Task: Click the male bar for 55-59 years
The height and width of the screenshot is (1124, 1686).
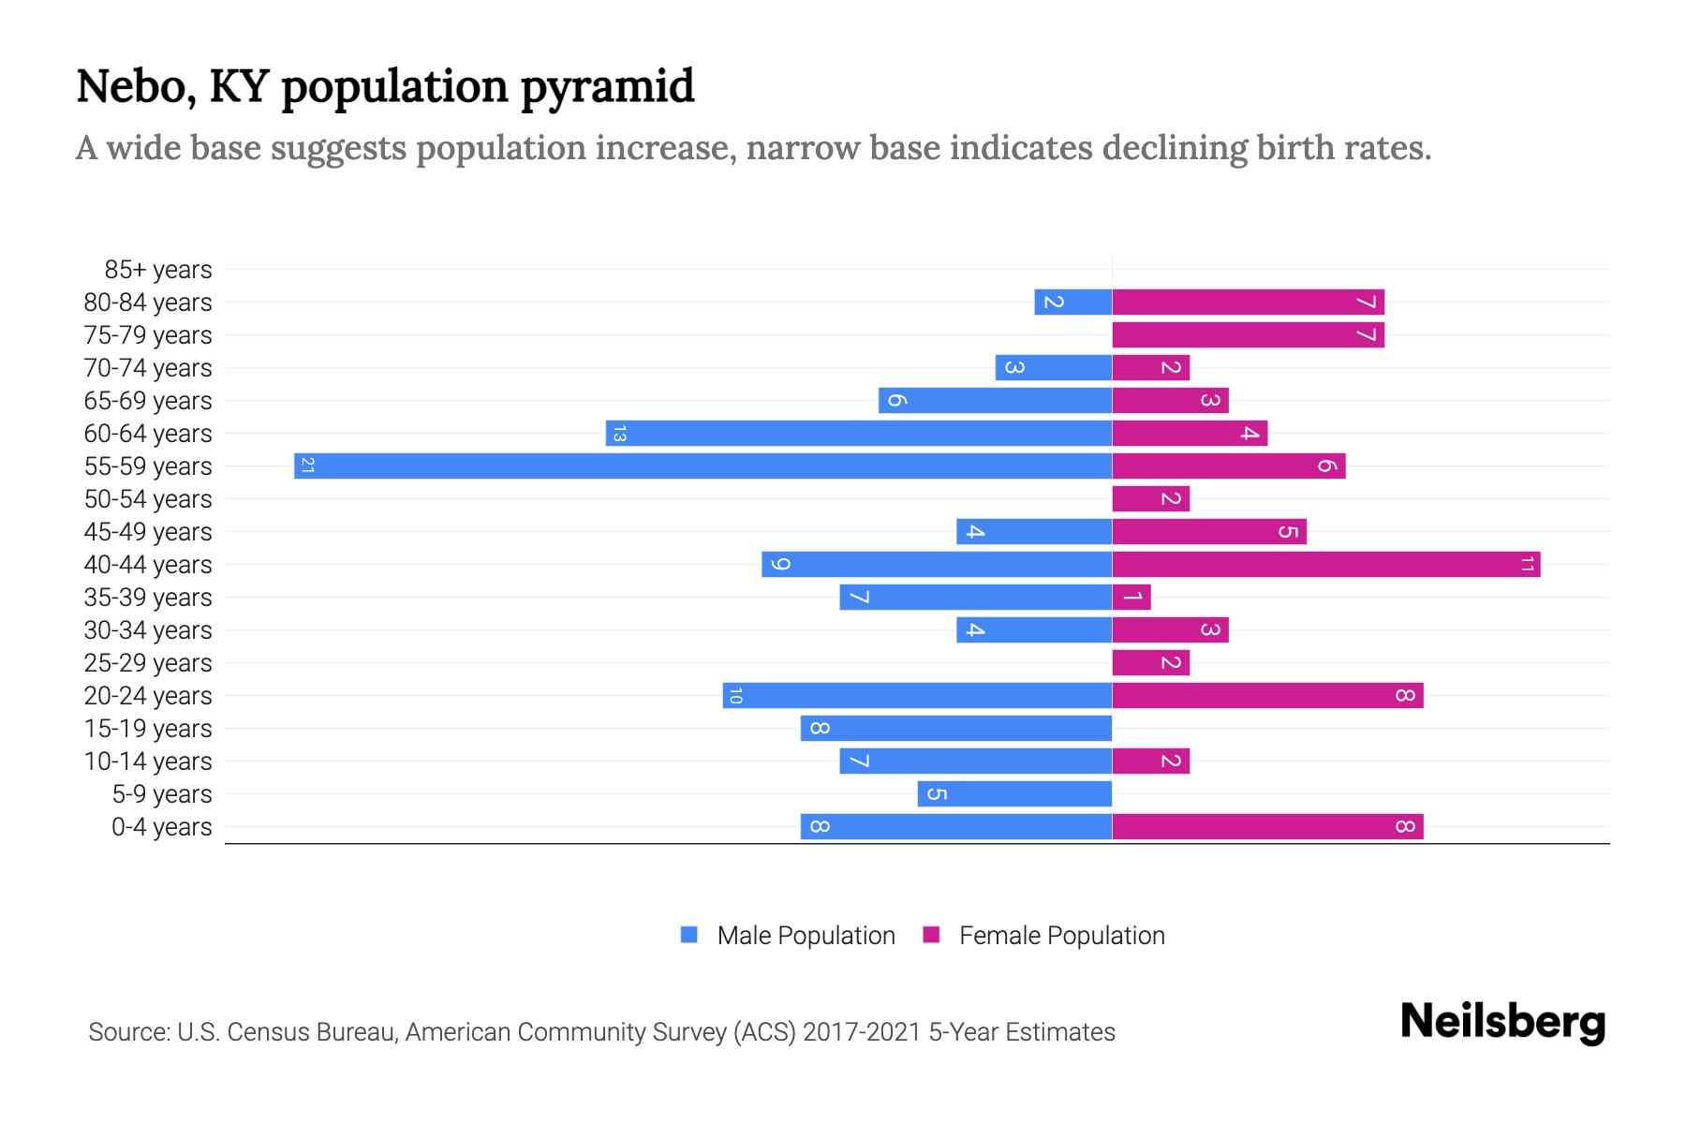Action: tap(702, 466)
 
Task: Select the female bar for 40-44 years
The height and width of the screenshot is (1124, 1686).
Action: tap(1325, 564)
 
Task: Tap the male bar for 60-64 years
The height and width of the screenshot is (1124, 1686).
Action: tap(859, 433)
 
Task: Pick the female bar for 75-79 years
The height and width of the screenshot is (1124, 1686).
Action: tap(1248, 334)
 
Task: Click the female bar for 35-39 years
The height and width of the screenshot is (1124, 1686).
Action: tap(1131, 597)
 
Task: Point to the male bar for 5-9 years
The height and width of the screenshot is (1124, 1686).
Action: tap(1014, 793)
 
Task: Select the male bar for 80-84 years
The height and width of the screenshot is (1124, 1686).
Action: tap(1072, 302)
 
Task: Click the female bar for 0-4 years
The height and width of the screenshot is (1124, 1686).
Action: tap(1267, 826)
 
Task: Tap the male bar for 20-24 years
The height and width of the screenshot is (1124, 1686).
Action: tap(917, 695)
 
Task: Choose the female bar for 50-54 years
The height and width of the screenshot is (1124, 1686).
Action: tap(1150, 498)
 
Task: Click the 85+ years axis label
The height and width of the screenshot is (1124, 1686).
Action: tap(158, 270)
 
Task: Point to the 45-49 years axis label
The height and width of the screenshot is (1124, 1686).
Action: tap(148, 532)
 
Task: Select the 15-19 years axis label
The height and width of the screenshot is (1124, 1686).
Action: tap(148, 729)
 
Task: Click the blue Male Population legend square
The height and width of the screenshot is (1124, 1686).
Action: tap(689, 935)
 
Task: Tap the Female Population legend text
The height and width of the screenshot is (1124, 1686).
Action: tap(1061, 936)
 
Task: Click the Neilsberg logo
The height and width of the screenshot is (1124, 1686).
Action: tap(1502, 1022)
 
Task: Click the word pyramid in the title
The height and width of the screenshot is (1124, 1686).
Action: tap(607, 87)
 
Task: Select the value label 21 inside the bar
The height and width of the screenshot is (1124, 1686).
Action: tap(307, 466)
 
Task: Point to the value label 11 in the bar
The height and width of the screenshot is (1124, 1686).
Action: tap(1527, 564)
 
